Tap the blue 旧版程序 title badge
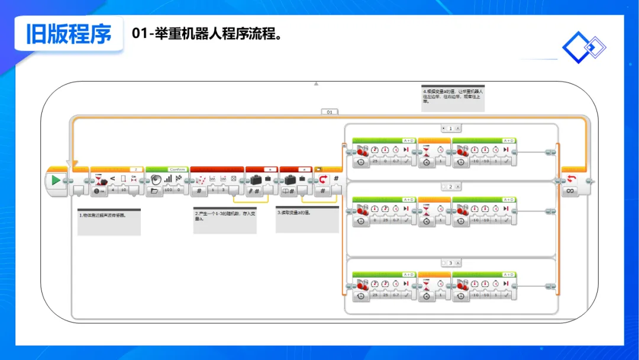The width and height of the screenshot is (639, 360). pos(69,34)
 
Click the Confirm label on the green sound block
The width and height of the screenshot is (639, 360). pos(177,169)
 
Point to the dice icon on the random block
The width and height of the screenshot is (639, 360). pos(234,178)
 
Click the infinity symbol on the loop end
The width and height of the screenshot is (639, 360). pos(571,191)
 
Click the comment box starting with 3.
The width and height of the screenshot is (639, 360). pos(307,219)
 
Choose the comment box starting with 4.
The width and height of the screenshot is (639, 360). pos(453,98)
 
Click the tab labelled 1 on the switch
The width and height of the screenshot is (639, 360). pos(451,128)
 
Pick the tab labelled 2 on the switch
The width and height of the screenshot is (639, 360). pos(451,187)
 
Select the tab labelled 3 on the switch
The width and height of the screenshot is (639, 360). pos(451,263)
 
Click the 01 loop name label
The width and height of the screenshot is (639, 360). pos(330,111)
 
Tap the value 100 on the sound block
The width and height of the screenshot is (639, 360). pos(168,191)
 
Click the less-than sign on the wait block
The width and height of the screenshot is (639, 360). pos(112,178)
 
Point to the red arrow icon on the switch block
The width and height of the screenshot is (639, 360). pos(323,179)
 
